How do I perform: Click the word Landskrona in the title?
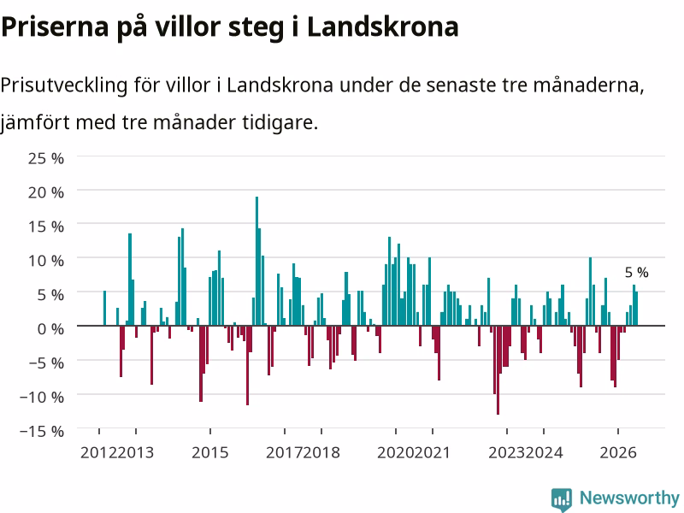(382, 27)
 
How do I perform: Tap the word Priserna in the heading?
(55, 27)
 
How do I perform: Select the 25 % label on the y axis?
(46, 158)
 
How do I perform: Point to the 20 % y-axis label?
(46, 192)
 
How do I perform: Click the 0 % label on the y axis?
(50, 329)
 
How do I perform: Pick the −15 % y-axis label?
(42, 432)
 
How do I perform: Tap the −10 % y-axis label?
(42, 398)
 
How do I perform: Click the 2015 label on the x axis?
(209, 452)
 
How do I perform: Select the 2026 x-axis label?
(618, 452)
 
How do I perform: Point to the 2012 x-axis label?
(98, 452)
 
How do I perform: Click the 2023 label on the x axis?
(507, 452)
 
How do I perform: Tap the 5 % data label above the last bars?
(636, 273)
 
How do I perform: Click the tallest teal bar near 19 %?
(257, 261)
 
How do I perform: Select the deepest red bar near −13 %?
(498, 370)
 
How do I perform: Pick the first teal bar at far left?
(104, 308)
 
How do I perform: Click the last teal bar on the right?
(636, 309)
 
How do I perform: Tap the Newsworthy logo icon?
(562, 499)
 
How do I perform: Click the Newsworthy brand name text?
(629, 498)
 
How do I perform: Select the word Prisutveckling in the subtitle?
(64, 85)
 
